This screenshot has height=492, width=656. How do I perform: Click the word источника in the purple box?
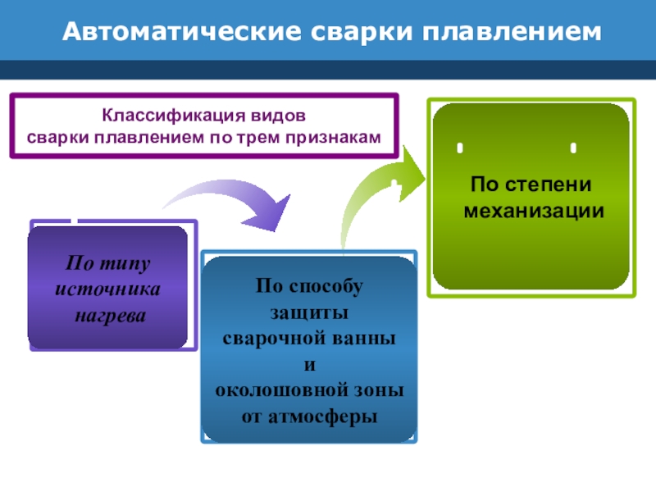107,290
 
